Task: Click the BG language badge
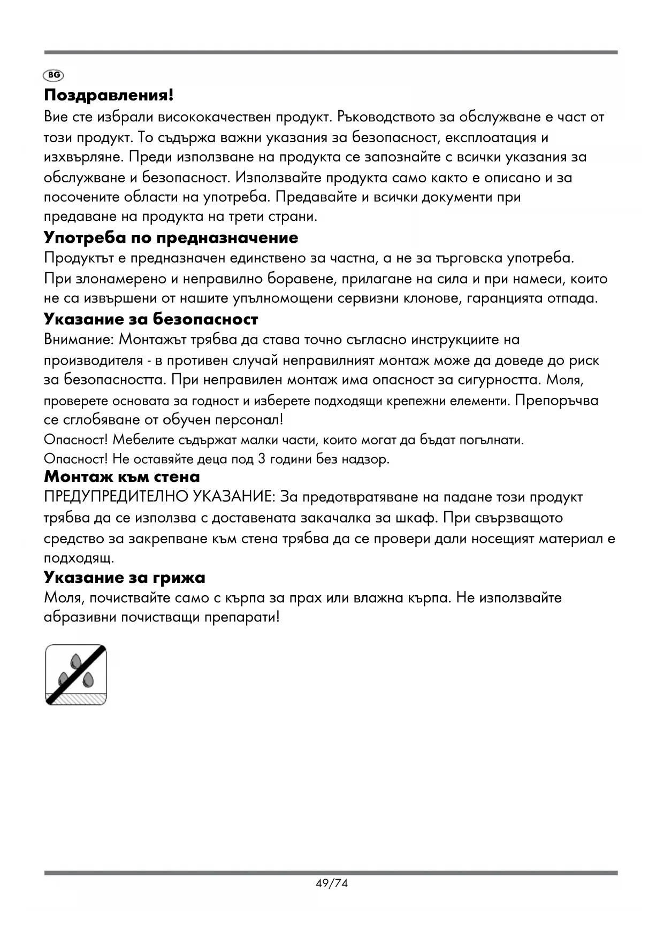pos(54,75)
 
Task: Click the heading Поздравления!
pos(109,96)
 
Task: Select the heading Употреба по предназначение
pos(171,237)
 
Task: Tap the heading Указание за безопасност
pos(151,319)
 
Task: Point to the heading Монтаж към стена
pos(122,476)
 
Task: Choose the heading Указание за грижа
pos(125,578)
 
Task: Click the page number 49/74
pos(332,883)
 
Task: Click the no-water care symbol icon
pos(76,675)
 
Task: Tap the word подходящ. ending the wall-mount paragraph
pos(79,559)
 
